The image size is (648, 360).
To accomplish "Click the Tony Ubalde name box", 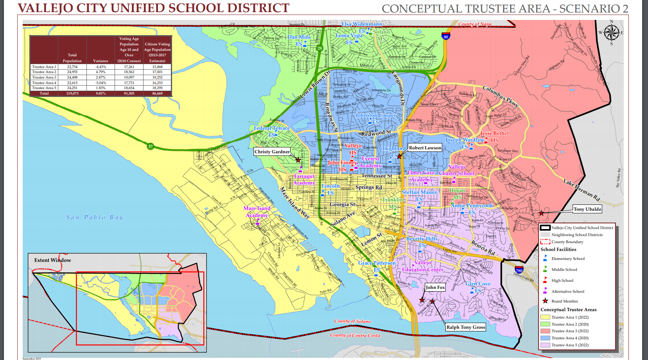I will click(587, 209).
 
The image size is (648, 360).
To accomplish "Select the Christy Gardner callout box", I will click(272, 152).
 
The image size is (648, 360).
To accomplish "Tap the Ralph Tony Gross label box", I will click(465, 327).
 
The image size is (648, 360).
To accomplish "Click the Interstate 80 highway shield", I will click(446, 36).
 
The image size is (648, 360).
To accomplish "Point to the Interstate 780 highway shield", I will click(519, 270).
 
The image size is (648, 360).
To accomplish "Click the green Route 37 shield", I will click(151, 147).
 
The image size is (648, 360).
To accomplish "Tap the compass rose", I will click(612, 33).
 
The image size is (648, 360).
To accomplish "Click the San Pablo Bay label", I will click(95, 217).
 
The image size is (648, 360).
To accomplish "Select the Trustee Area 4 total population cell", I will click(72, 83).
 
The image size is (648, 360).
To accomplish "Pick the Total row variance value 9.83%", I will click(101, 93).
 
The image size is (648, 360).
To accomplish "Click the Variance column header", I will click(101, 61).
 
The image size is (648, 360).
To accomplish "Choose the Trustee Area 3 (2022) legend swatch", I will click(545, 331).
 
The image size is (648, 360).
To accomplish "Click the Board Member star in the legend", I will click(545, 301).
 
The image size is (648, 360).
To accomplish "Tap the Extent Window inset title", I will click(53, 260).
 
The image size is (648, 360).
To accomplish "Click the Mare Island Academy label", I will click(257, 211).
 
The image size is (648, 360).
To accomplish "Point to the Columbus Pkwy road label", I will click(501, 97).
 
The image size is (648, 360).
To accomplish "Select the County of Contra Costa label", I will click(355, 335).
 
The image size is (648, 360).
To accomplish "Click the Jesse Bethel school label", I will click(494, 133).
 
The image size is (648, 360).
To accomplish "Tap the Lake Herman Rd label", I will click(582, 190).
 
